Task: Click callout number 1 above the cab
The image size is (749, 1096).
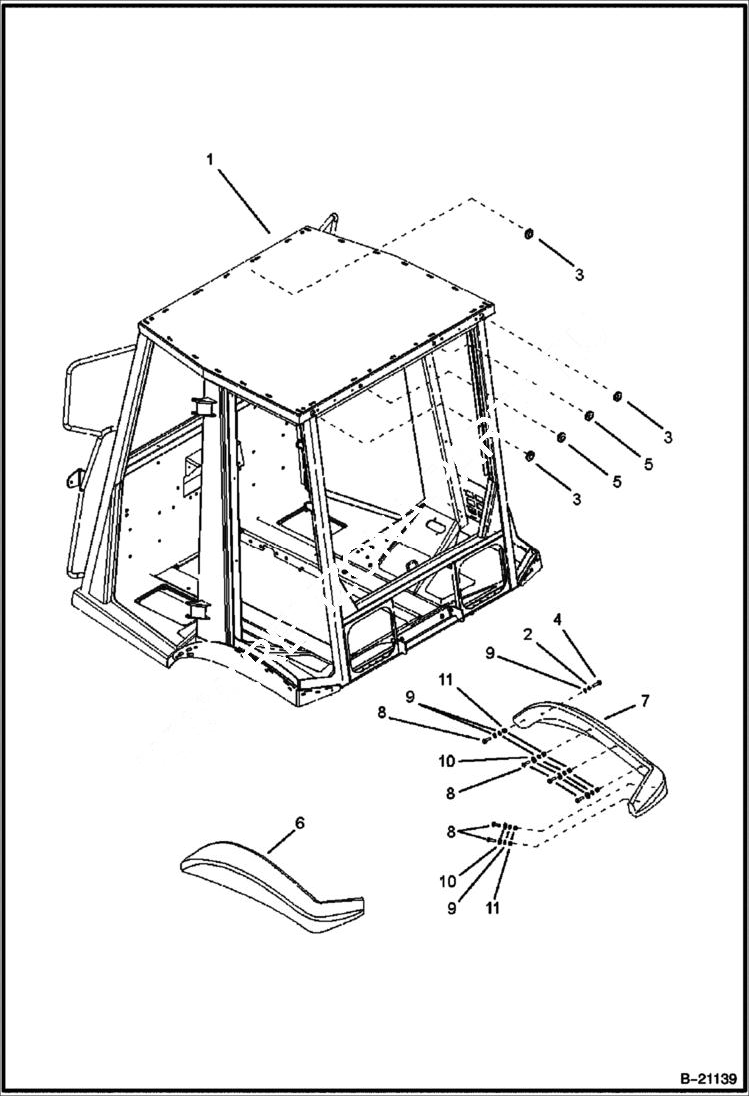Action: click(x=210, y=159)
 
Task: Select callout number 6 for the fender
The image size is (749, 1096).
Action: click(x=299, y=823)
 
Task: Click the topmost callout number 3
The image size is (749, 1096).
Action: click(x=579, y=274)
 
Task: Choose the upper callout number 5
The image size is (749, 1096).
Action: click(x=648, y=465)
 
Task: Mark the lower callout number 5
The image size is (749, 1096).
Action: click(x=616, y=481)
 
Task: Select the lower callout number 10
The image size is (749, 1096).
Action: click(x=447, y=881)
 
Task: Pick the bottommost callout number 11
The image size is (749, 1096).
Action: click(x=492, y=908)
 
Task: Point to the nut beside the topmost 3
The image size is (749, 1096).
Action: click(x=528, y=234)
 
